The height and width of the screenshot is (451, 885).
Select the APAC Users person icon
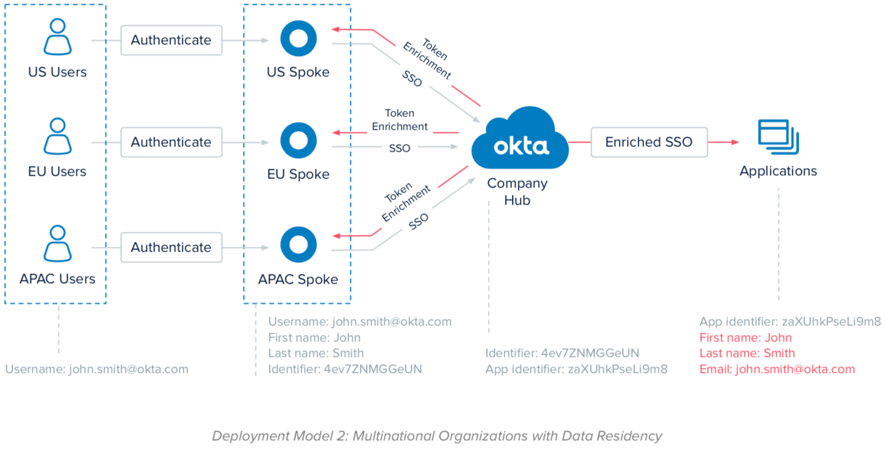click(x=57, y=244)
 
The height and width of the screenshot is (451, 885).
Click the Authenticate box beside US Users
click(x=171, y=40)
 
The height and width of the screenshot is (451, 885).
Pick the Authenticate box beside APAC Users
click(x=171, y=247)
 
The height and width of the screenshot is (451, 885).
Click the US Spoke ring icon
click(x=298, y=38)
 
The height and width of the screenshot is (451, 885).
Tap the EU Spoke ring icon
click(x=298, y=140)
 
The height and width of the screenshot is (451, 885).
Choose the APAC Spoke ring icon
click(x=298, y=245)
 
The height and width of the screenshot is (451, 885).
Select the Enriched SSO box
click(x=649, y=142)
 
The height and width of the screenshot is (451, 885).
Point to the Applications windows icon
click(x=778, y=137)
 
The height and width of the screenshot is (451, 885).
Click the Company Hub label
click(x=517, y=191)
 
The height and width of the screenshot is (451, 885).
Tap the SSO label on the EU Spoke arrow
click(x=399, y=148)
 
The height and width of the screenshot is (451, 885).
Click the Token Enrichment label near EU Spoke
click(x=399, y=120)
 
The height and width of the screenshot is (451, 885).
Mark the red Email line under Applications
click(x=777, y=369)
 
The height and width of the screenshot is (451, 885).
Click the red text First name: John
click(x=745, y=338)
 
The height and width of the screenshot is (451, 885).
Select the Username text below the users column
click(x=97, y=369)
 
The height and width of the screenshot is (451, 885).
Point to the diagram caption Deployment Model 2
click(x=437, y=436)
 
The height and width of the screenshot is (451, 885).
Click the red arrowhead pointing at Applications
click(x=734, y=142)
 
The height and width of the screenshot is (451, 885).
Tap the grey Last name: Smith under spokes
click(x=316, y=353)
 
